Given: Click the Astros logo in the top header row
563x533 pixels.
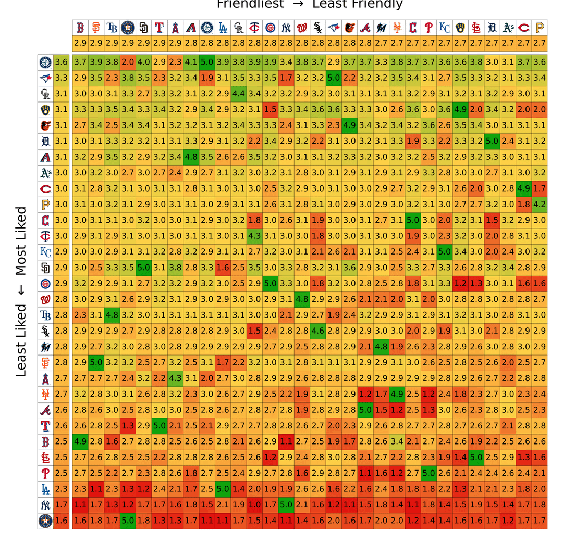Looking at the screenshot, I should (x=128, y=28).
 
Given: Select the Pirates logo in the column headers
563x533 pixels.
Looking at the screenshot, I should (x=540, y=28).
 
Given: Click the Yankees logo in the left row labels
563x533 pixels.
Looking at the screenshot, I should (x=45, y=505).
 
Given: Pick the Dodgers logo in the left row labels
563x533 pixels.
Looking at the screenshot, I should (x=45, y=489).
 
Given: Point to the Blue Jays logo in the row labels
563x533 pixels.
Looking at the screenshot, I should (x=45, y=78).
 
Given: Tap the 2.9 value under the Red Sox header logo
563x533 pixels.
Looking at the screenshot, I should (x=80, y=43).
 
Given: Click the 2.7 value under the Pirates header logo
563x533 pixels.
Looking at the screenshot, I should (x=540, y=43).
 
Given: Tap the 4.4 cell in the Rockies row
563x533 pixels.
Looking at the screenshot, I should (x=238, y=94).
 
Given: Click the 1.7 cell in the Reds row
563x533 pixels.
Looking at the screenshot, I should (x=540, y=189).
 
